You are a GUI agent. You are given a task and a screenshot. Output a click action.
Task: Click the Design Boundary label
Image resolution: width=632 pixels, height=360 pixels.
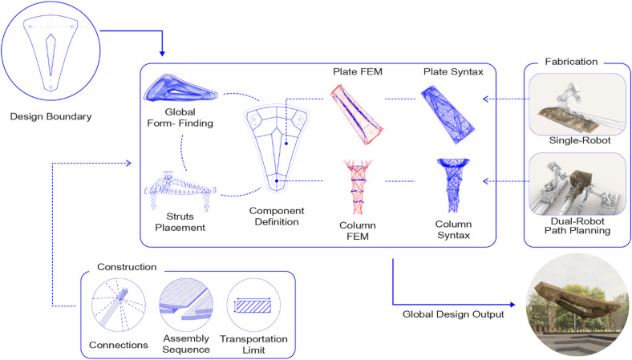point(51,116)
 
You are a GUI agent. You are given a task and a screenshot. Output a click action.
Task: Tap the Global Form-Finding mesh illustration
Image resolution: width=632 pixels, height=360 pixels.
point(180,88)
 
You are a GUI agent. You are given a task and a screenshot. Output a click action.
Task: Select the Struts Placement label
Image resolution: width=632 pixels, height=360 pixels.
point(180,222)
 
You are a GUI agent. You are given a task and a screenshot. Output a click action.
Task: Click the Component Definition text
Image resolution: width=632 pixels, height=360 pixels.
point(277,216)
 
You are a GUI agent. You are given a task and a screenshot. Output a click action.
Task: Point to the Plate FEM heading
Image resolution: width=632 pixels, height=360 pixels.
point(358,71)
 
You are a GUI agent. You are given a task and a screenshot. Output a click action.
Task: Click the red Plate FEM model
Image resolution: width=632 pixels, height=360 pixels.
point(357,114)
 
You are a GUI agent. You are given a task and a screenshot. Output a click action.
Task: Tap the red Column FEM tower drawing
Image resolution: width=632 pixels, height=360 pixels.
point(358,187)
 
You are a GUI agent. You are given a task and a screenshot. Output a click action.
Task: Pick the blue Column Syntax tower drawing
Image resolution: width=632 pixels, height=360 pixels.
point(453,185)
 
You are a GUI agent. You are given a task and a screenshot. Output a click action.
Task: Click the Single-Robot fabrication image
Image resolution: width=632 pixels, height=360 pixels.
point(577,104)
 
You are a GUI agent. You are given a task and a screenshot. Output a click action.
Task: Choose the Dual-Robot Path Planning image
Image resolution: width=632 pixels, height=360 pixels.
point(577,184)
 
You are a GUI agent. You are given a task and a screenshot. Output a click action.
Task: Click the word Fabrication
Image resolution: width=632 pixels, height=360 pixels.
point(571,62)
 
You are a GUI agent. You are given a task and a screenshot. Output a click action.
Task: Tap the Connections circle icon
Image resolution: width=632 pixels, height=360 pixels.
point(119,305)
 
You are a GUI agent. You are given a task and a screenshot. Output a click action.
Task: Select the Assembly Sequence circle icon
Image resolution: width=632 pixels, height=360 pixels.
point(186,305)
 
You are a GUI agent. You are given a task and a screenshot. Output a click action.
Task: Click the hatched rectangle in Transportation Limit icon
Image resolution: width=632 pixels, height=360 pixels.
point(253,307)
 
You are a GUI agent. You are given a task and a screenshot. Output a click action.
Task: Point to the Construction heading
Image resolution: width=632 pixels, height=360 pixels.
point(127,267)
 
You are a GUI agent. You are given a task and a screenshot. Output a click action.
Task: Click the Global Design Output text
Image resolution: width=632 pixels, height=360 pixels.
point(453,314)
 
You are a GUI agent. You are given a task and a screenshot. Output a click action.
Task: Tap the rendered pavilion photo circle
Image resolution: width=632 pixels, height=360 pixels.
point(577,305)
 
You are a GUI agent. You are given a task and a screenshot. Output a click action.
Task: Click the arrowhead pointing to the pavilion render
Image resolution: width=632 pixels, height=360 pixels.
point(512,305)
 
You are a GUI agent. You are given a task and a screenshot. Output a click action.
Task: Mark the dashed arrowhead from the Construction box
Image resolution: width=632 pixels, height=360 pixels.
point(128,163)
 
